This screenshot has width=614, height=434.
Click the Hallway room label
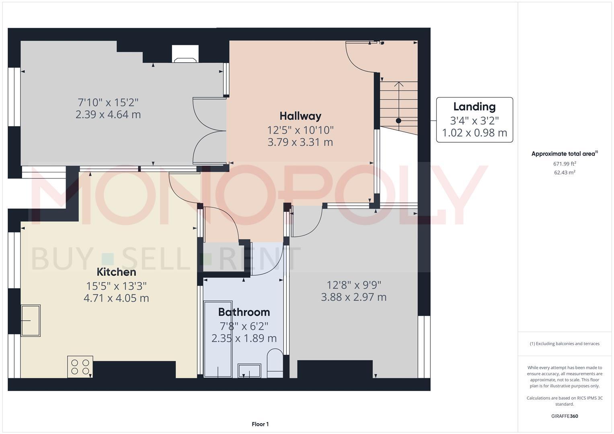(x=300, y=116)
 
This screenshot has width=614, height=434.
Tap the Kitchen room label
(x=116, y=272)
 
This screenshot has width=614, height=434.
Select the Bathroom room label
(x=244, y=312)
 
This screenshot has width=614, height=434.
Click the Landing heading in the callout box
(x=474, y=106)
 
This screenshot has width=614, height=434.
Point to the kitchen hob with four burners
(x=80, y=366)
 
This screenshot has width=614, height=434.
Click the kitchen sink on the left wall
(x=31, y=320)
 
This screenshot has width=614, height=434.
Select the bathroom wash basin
(x=249, y=371)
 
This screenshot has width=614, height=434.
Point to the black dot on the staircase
(x=398, y=121)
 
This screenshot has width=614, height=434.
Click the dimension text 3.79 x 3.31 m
(x=300, y=142)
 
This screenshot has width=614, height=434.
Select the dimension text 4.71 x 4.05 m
(x=116, y=298)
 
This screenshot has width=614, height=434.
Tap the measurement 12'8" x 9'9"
(x=354, y=285)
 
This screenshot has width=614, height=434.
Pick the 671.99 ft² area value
(x=565, y=164)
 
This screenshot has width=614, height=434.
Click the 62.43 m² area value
(x=565, y=172)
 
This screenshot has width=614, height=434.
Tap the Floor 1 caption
(x=260, y=424)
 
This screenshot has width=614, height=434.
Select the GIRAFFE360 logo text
(x=565, y=416)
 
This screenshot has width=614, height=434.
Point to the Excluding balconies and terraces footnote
(x=565, y=344)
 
